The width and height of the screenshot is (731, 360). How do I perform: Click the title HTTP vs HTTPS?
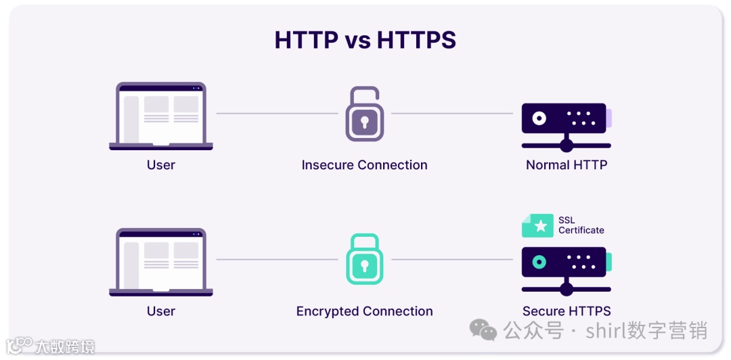(365, 41)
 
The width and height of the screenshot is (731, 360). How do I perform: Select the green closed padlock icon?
(364, 260)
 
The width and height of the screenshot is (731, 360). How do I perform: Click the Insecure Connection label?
(364, 165)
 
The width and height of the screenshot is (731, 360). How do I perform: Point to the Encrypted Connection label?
(364, 311)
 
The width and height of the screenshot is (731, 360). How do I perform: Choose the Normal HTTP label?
(567, 165)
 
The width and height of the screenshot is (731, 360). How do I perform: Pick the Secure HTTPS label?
(567, 311)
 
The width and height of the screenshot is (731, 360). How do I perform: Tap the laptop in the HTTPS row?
(161, 261)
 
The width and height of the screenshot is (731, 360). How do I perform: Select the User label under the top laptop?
(161, 165)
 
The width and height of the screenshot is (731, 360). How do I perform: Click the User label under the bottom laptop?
(161, 311)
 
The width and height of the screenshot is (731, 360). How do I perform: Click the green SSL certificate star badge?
(539, 226)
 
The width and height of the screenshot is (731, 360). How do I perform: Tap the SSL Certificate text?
(581, 225)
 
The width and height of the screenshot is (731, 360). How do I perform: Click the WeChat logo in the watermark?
(483, 330)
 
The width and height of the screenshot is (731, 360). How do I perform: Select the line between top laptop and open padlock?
(276, 113)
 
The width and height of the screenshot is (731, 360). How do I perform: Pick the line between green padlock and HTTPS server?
(452, 259)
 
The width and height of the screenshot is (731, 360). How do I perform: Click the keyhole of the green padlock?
(364, 265)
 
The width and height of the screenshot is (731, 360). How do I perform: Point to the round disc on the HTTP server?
(539, 118)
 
